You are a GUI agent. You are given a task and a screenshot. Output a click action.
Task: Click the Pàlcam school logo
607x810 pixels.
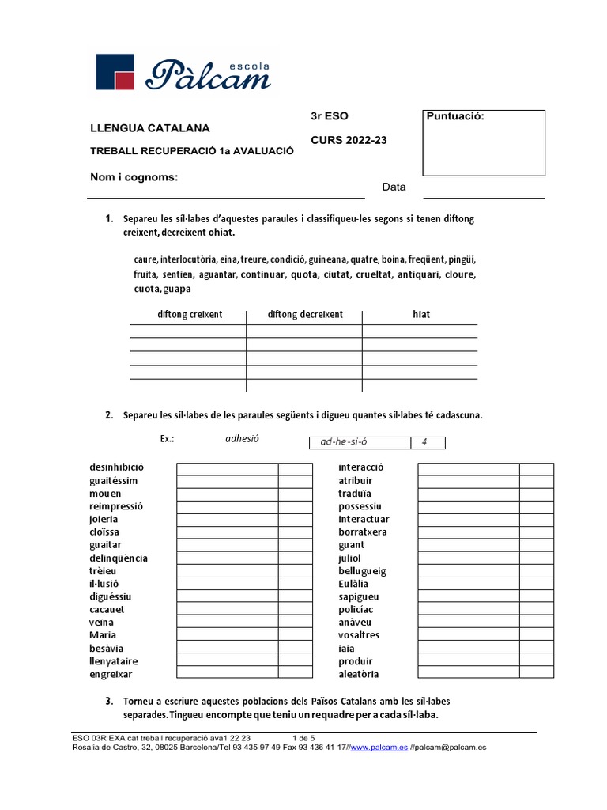pyautogui.click(x=183, y=71)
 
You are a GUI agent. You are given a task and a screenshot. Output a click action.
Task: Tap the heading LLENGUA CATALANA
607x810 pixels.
pyautogui.click(x=150, y=128)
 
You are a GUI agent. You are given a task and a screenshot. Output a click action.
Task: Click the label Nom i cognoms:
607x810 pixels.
pyautogui.click(x=134, y=177)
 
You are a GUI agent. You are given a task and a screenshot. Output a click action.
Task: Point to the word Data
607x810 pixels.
pyautogui.click(x=394, y=187)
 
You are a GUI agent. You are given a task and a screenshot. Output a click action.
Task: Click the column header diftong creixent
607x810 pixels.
pyautogui.click(x=190, y=314)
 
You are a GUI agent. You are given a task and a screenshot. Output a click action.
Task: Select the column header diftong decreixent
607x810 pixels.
pyautogui.click(x=305, y=314)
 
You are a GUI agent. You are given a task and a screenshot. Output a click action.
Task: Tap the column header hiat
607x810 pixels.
pyautogui.click(x=421, y=314)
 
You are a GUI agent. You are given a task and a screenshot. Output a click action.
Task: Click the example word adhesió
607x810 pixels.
pyautogui.click(x=242, y=438)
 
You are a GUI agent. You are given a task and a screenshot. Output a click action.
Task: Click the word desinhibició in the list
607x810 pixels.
pyautogui.click(x=117, y=467)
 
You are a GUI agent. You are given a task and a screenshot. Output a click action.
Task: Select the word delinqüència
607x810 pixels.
pyautogui.click(x=119, y=558)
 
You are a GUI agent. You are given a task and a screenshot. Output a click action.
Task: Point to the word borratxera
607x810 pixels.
pyautogui.click(x=363, y=532)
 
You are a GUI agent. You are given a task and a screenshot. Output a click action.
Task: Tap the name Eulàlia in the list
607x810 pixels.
pyautogui.click(x=353, y=584)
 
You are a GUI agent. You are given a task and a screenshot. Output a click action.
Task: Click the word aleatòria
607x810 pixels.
pyautogui.click(x=358, y=674)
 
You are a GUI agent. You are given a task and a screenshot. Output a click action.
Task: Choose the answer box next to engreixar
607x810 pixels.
pyautogui.click(x=227, y=674)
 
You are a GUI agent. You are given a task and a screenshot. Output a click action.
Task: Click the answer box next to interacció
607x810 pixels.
pyautogui.click(x=468, y=467)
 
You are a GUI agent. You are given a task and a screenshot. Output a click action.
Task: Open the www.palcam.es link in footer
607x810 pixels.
pyautogui.click(x=379, y=746)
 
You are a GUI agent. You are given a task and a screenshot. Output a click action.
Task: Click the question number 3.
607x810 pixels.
pyautogui.click(x=108, y=702)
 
